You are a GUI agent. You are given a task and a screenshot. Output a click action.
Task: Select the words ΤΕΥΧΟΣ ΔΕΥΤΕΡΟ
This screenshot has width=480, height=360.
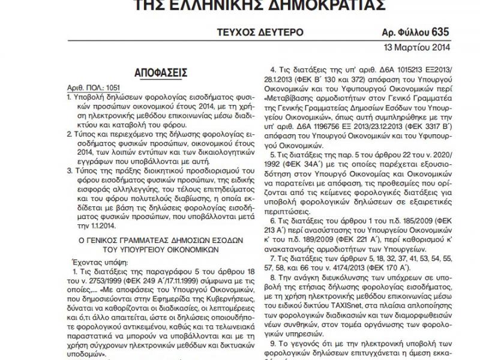262,32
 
